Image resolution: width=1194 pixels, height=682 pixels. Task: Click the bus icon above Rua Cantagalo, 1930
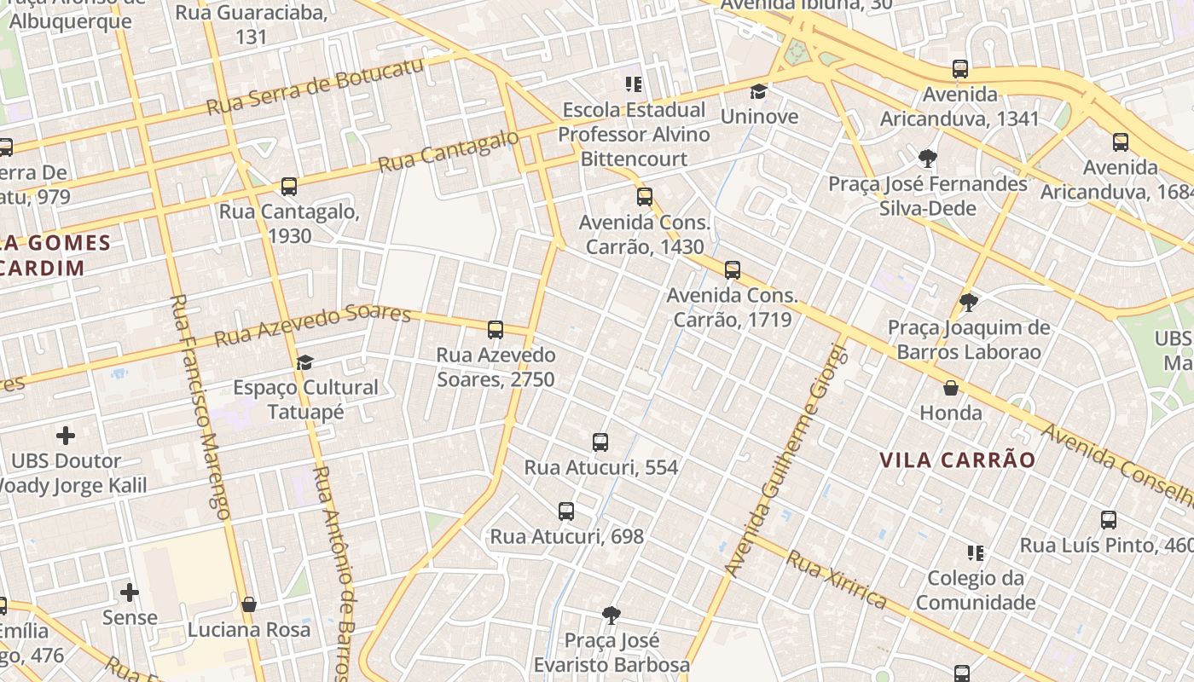pyautogui.click(x=289, y=187)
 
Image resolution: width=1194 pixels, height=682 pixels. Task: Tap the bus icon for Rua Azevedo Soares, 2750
pyautogui.click(x=496, y=330)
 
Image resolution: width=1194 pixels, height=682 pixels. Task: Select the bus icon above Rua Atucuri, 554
pyautogui.click(x=600, y=442)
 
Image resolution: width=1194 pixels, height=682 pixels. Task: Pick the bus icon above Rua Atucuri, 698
pyautogui.click(x=566, y=511)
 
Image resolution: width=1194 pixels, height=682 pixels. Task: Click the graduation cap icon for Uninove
pyautogui.click(x=758, y=91)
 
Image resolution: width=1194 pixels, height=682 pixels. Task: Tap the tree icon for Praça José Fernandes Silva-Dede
pyautogui.click(x=928, y=158)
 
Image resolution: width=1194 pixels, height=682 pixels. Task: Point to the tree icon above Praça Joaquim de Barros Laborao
pyautogui.click(x=968, y=302)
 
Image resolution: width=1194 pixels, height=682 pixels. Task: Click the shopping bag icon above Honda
pyautogui.click(x=951, y=388)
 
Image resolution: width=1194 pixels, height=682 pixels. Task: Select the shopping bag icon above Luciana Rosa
pyautogui.click(x=249, y=604)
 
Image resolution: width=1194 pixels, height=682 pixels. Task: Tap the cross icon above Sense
pyautogui.click(x=130, y=592)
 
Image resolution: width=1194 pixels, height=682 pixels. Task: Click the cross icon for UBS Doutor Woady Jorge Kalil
pyautogui.click(x=66, y=436)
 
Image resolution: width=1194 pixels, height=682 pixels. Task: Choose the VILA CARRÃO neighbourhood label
pyautogui.click(x=957, y=460)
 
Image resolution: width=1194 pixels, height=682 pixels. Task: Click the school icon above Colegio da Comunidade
pyautogui.click(x=976, y=553)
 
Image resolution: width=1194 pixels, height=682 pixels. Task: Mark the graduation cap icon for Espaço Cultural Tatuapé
pyautogui.click(x=304, y=362)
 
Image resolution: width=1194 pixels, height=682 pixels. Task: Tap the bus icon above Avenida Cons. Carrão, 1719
pyautogui.click(x=732, y=270)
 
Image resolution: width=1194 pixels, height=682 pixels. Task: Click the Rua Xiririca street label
pyautogui.click(x=836, y=581)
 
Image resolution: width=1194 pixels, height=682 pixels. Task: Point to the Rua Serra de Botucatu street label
pyautogui.click(x=315, y=89)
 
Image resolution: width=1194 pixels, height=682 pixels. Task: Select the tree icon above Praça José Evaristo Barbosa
pyautogui.click(x=611, y=615)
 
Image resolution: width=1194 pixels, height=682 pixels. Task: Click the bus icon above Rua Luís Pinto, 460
pyautogui.click(x=1109, y=520)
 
